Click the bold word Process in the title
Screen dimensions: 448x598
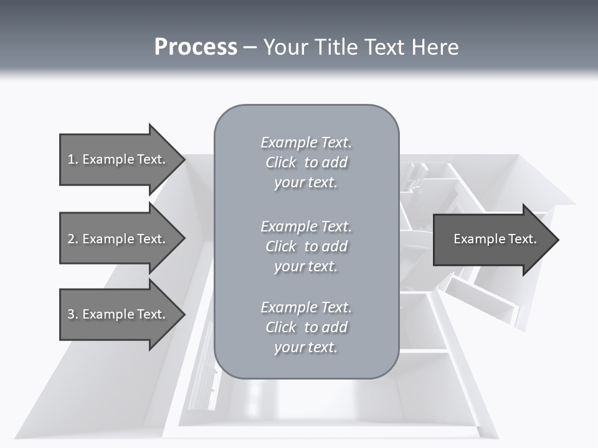tap(196, 47)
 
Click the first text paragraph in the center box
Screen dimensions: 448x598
tap(306, 162)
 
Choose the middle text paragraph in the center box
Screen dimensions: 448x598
tap(306, 246)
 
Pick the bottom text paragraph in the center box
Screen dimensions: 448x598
tap(306, 327)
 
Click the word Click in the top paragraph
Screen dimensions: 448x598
tap(281, 162)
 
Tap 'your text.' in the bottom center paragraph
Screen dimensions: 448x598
tap(306, 347)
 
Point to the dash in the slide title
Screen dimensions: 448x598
tap(250, 48)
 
